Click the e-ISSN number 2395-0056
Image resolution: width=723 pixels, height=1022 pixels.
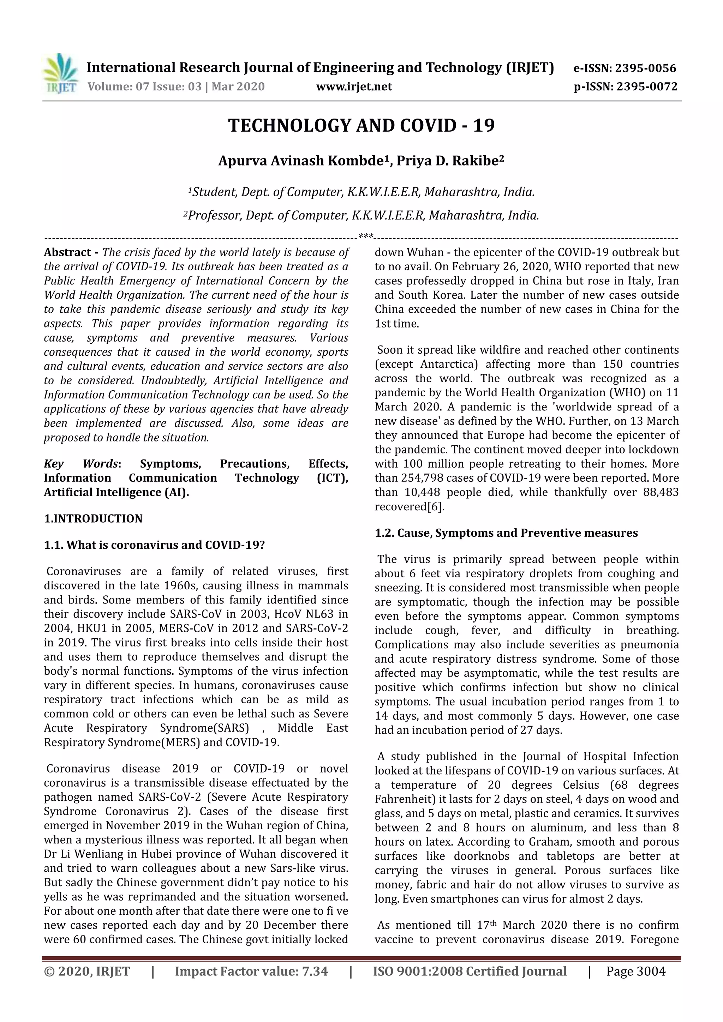pyautogui.click(x=646, y=68)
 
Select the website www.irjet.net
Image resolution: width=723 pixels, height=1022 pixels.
pyautogui.click(x=354, y=86)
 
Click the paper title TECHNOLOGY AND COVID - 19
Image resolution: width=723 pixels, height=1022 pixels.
pyautogui.click(x=361, y=126)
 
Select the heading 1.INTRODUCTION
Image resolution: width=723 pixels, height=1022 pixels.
pyautogui.click(x=93, y=518)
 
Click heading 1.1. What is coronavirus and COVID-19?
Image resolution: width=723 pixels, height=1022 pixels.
pyautogui.click(x=154, y=545)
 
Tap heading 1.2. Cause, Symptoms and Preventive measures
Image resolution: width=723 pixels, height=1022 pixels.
pyautogui.click(x=506, y=533)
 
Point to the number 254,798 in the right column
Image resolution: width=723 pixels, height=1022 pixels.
pyautogui.click(x=423, y=478)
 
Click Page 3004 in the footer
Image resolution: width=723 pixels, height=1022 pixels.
pyautogui.click(x=636, y=971)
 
